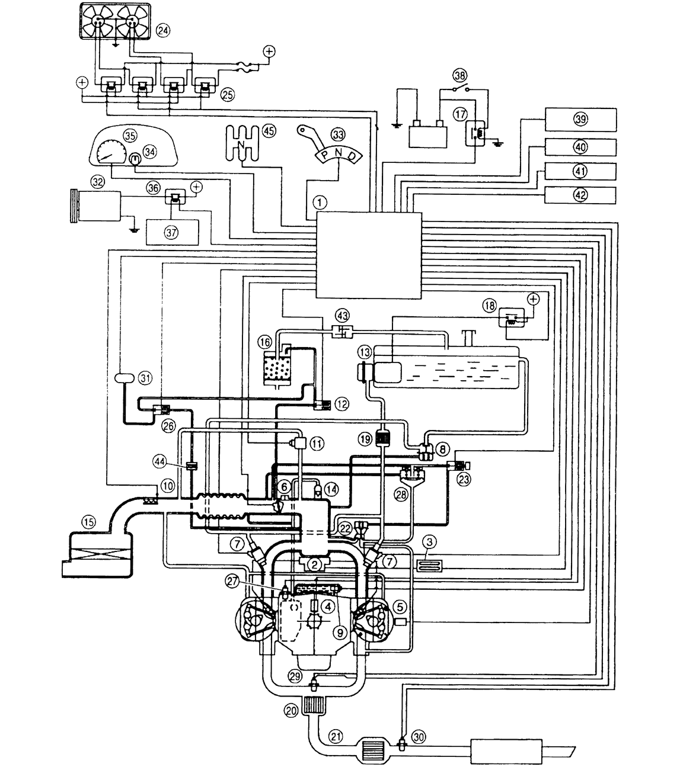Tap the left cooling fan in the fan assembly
[x=98, y=22]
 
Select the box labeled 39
[x=580, y=119]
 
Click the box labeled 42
[x=580, y=195]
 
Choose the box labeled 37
[x=172, y=233]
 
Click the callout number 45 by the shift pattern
[x=269, y=131]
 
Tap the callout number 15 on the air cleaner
[x=88, y=522]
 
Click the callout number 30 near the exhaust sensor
[x=419, y=737]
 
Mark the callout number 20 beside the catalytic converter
[x=291, y=713]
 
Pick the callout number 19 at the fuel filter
[x=364, y=439]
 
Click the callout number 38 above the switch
[x=459, y=75]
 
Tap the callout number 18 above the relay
[x=489, y=306]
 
